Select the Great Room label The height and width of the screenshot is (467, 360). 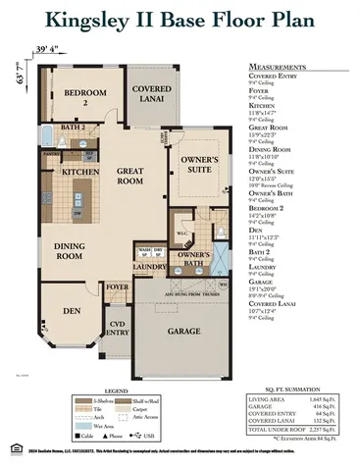pos(131,176)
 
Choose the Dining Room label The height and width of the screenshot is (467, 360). pos(69,251)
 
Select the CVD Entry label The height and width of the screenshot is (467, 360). pos(119,329)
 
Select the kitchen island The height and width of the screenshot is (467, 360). pos(78,203)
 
